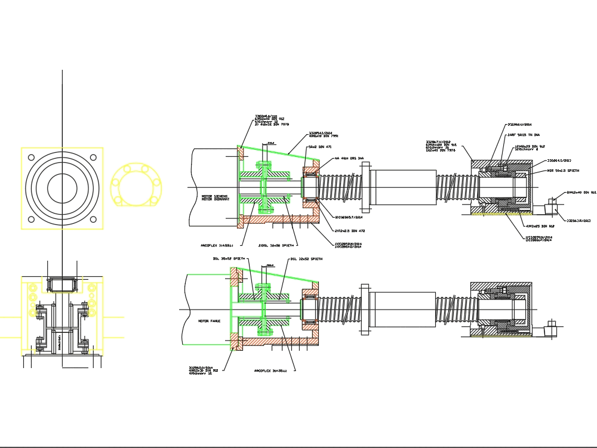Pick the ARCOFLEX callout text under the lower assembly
tap(270, 370)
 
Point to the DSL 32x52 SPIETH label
tap(306, 259)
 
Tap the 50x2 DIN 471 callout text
tap(320, 146)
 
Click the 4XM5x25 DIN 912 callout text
tap(540, 226)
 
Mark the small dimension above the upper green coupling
tap(271, 143)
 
